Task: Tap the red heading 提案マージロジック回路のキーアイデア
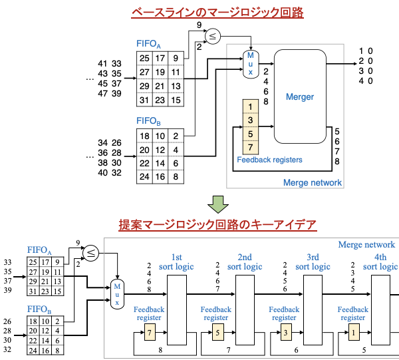[x=217, y=225]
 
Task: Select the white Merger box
[x=300, y=96]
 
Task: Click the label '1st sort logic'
[x=176, y=262]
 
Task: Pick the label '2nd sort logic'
[x=244, y=262]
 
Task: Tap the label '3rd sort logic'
[x=313, y=262]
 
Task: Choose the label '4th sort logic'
[x=380, y=262]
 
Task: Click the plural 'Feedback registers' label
[x=269, y=160]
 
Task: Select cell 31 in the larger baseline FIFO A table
[x=144, y=100]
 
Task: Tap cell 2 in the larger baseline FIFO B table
[x=175, y=136]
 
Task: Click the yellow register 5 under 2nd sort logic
[x=217, y=331]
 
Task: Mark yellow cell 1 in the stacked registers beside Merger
[x=250, y=106]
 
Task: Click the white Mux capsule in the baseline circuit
[x=250, y=64]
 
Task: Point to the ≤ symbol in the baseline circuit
[x=212, y=37]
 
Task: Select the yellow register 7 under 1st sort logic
[x=150, y=331]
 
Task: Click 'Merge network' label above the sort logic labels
[x=366, y=245]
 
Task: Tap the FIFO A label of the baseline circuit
[x=148, y=44]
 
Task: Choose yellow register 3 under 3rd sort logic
[x=285, y=331]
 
